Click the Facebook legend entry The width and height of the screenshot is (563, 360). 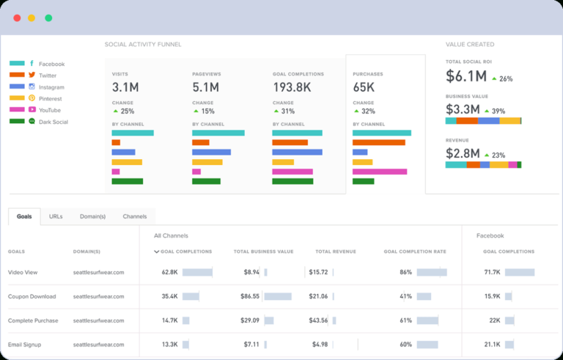click(x=51, y=65)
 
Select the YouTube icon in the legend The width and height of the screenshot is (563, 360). click(x=32, y=110)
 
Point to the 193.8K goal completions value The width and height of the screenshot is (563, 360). click(x=292, y=87)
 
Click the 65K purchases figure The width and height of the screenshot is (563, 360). click(x=365, y=87)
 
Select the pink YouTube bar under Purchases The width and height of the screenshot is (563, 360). click(x=380, y=172)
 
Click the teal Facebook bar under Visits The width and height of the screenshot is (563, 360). click(x=133, y=133)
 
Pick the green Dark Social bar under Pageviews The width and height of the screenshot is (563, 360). click(x=206, y=181)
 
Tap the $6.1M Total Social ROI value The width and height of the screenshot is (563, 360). click(x=466, y=77)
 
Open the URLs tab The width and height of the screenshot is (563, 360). click(x=56, y=216)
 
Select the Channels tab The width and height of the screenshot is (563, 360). click(x=135, y=216)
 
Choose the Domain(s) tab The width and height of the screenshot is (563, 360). click(x=93, y=216)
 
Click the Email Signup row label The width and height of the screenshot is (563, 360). click(x=26, y=344)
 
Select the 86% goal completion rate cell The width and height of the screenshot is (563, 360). click(x=405, y=272)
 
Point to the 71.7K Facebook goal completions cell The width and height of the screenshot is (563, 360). click(x=492, y=272)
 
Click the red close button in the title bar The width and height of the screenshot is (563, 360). click(x=17, y=18)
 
